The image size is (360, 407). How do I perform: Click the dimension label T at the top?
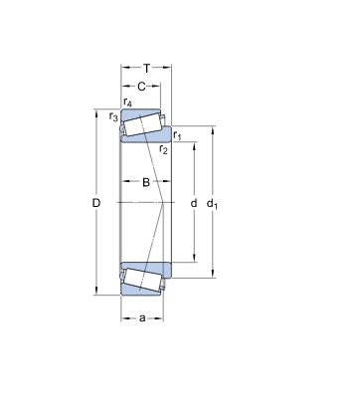(x=146, y=68)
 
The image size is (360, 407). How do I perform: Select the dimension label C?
(x=142, y=87)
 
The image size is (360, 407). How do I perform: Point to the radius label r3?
(x=113, y=117)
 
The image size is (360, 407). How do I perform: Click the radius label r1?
(x=177, y=135)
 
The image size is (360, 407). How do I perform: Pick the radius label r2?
(x=163, y=149)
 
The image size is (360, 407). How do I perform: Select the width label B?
(x=145, y=182)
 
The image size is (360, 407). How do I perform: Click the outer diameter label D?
(x=96, y=204)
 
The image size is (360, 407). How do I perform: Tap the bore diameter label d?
(x=192, y=204)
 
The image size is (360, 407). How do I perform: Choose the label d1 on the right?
(x=212, y=205)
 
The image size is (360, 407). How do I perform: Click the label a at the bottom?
(x=143, y=317)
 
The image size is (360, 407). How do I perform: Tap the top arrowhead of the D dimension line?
(x=96, y=112)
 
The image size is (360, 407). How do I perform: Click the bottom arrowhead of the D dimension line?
(x=96, y=294)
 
